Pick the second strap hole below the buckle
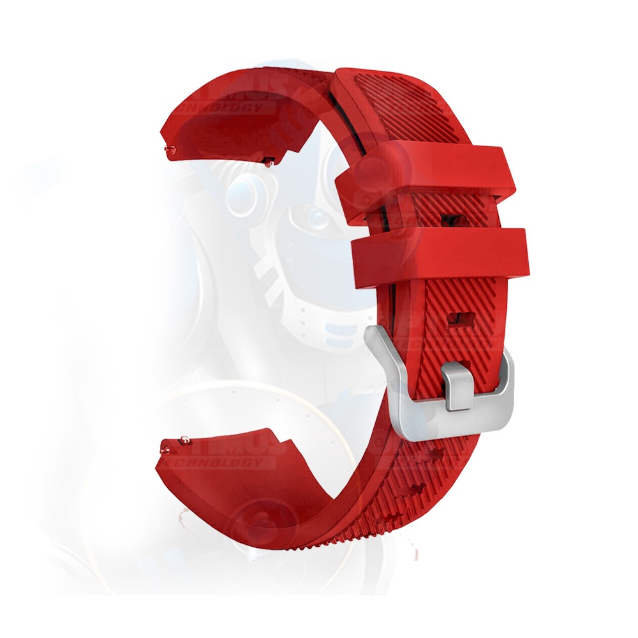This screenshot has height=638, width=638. tap(415, 490)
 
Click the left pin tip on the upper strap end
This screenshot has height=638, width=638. tap(169, 151)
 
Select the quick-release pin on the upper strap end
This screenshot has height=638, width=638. tap(271, 162)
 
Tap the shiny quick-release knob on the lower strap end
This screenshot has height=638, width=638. tap(184, 439)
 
